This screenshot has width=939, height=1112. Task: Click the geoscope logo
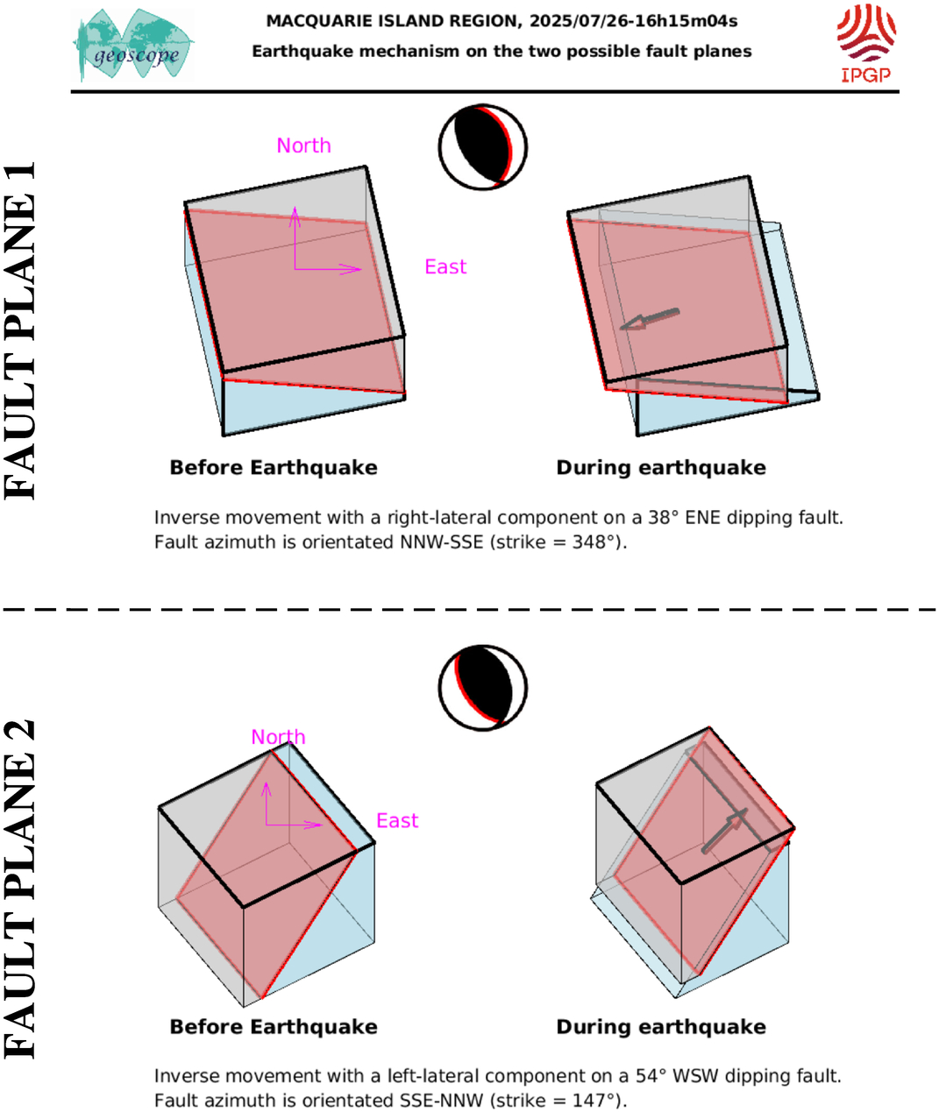pos(133,45)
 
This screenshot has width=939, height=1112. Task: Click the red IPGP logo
pos(866,44)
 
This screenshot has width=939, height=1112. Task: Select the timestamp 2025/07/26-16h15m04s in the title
pos(634,21)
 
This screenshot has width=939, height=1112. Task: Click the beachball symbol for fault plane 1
pos(483,146)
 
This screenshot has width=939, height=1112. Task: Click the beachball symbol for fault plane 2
pos(483,688)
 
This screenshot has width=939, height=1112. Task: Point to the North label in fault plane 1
pos(303,145)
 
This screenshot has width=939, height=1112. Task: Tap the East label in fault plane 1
pos(445,266)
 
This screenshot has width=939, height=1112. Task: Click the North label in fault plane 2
pos(278,737)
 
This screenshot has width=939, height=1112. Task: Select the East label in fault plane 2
pos(397,820)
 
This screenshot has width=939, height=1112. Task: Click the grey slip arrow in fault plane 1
pos(650,319)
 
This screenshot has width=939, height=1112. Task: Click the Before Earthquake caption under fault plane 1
pos(274,468)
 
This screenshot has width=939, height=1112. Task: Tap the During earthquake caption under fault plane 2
pos(661,1027)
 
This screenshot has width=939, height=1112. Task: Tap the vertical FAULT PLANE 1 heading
pos(19,330)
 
